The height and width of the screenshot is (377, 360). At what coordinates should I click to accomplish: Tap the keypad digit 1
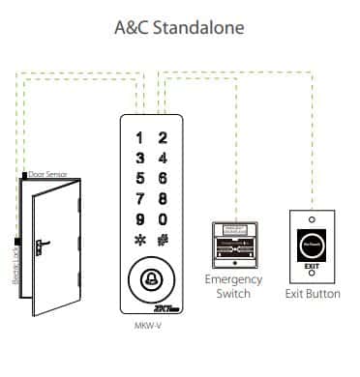tap(141, 139)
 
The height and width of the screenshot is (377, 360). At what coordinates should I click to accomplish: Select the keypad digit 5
tap(141, 178)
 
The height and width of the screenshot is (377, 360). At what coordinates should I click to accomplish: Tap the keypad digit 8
tap(164, 197)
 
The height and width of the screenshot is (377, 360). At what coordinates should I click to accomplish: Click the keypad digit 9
tap(141, 218)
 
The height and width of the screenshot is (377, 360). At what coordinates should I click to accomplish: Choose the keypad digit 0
tap(164, 218)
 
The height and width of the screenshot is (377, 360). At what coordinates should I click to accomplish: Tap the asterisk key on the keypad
tap(141, 239)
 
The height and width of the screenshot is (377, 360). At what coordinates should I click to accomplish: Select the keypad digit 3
tap(141, 159)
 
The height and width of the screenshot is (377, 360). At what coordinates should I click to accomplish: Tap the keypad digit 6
tap(164, 178)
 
